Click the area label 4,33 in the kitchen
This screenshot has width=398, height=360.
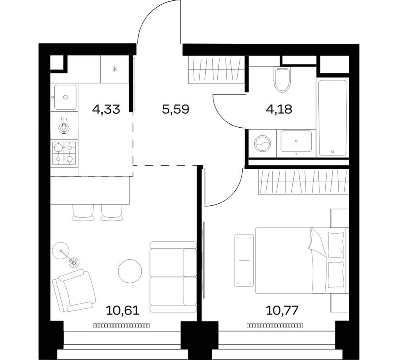point(106,109)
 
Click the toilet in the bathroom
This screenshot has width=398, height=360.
point(282,79)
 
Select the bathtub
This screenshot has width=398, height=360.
point(332,117)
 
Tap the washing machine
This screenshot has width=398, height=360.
point(262,144)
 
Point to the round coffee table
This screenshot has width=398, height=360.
point(130,270)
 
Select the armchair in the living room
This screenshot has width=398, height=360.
point(74,290)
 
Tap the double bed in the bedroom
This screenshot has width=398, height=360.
point(301,260)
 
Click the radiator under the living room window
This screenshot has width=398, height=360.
point(121,326)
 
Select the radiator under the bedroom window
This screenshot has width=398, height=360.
point(275,326)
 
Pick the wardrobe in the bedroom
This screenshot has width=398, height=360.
point(303,182)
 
